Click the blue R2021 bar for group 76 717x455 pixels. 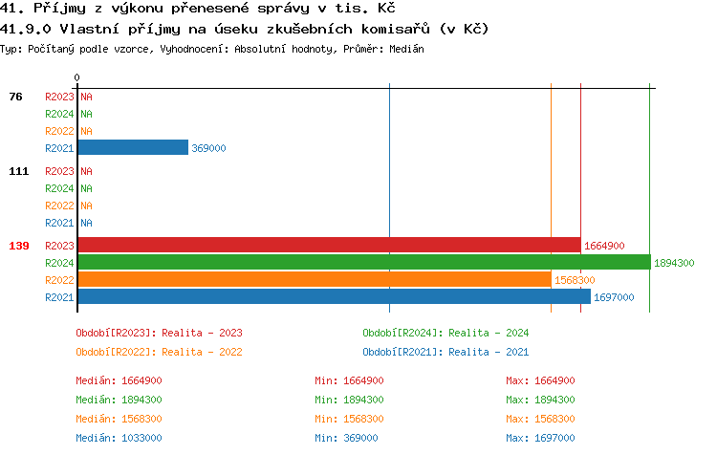tap(133, 147)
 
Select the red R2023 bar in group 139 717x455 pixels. tap(329, 245)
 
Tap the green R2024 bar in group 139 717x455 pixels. tap(363, 262)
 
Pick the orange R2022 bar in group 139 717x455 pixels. tap(315, 279)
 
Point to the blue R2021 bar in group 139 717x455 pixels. tap(334, 296)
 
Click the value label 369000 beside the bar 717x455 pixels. tap(208, 148)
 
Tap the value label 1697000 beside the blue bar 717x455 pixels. tap(613, 297)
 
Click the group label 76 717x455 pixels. tap(16, 97)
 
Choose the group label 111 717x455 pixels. tap(19, 171)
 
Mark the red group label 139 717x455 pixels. tap(19, 246)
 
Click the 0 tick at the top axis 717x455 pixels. tap(77, 76)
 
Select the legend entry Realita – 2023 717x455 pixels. tap(159, 333)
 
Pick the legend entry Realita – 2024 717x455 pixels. tap(445, 333)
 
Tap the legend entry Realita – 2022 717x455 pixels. tap(159, 352)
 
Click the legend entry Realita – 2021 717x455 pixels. tap(445, 352)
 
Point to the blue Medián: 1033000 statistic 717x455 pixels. tap(119, 438)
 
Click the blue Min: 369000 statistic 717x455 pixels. tap(346, 438)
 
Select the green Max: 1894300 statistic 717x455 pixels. tap(540, 400)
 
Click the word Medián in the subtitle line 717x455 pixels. tap(406, 49)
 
